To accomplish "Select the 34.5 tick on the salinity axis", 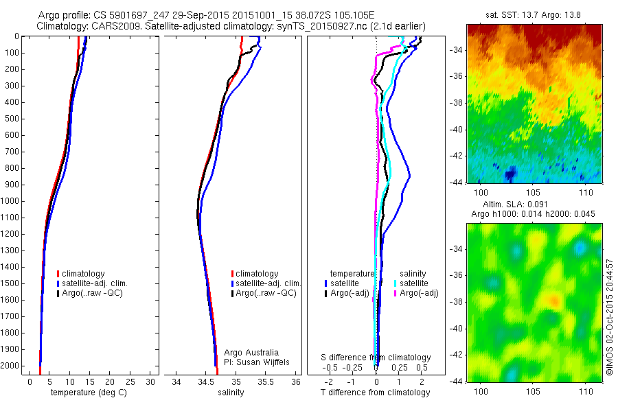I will [207, 382].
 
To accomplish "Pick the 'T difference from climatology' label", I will [376, 393].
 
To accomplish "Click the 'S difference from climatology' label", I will [376, 358].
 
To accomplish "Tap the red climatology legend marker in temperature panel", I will [58, 274].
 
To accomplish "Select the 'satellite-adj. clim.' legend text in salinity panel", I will [268, 283].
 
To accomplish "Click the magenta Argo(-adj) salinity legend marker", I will [396, 293].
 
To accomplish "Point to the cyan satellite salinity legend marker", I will [396, 283].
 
